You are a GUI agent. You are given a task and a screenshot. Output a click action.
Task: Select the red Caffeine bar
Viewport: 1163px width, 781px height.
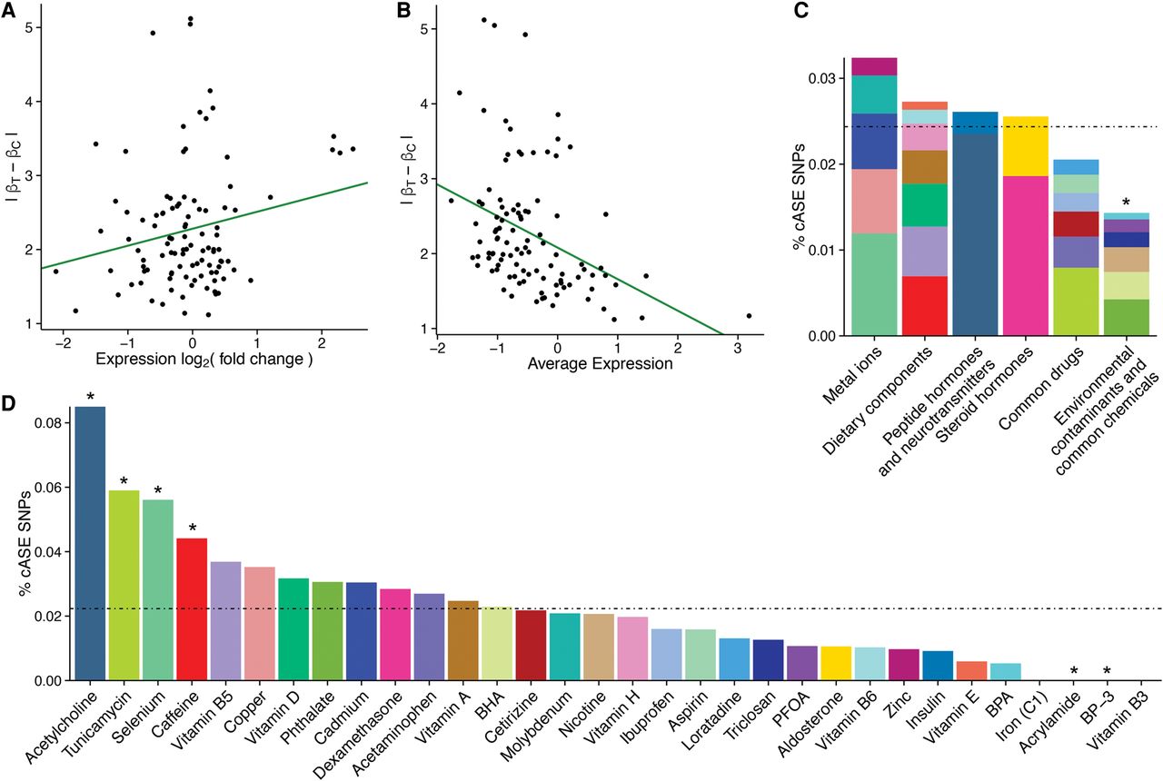(192, 608)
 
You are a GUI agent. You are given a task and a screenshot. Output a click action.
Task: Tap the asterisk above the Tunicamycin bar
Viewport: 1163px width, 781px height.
(124, 480)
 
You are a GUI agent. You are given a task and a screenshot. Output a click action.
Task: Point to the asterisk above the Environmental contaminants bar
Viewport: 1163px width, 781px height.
(1125, 202)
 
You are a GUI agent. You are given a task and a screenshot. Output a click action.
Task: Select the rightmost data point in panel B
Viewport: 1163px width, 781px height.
(749, 316)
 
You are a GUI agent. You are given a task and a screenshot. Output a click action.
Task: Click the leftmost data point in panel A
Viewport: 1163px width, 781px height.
(55, 272)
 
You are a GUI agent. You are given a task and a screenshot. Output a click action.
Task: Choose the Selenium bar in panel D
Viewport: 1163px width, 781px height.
(158, 589)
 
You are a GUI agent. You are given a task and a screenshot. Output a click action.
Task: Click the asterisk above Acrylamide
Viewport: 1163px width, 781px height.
(1074, 671)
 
